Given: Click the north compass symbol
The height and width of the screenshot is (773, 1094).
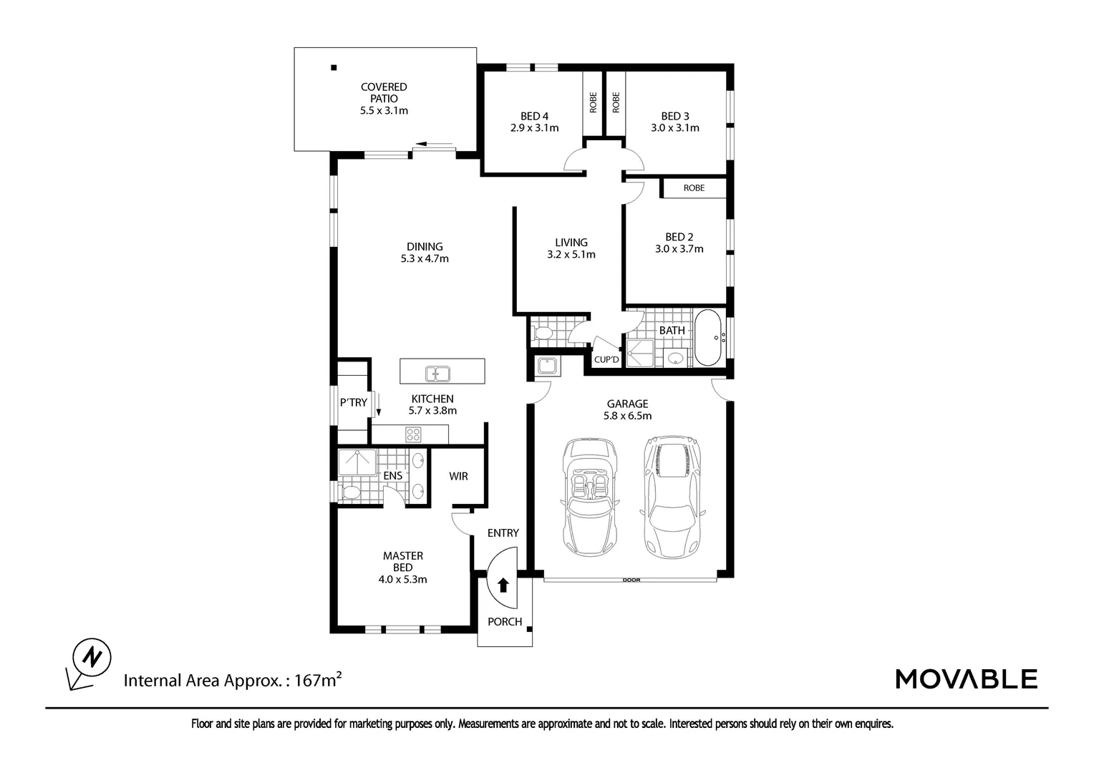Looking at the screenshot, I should click(92, 656).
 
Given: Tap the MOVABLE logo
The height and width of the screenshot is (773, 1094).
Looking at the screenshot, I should click(966, 679).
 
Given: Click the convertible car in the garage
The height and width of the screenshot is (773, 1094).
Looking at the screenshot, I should click(591, 497).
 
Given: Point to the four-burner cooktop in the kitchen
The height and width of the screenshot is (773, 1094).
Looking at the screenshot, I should click(414, 434).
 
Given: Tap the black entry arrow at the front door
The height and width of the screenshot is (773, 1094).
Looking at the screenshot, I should click(503, 585).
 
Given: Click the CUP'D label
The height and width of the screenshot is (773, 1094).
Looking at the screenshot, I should click(606, 359).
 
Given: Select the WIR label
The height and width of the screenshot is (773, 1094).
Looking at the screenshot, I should click(458, 476).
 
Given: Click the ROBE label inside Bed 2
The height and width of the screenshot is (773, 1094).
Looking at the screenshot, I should click(693, 188).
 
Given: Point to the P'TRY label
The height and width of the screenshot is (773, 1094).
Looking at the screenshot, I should click(353, 403).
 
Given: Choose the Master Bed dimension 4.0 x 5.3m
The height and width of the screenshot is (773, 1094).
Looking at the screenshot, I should click(402, 580).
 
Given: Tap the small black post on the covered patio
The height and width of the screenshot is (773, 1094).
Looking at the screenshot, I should click(334, 68).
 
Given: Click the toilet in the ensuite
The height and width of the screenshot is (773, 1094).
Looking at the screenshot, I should click(351, 492).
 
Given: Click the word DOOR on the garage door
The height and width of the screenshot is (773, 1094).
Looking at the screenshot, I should click(631, 580).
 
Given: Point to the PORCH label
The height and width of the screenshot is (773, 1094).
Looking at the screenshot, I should click(505, 622).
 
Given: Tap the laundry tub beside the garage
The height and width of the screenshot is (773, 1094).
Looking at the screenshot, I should click(548, 366).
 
